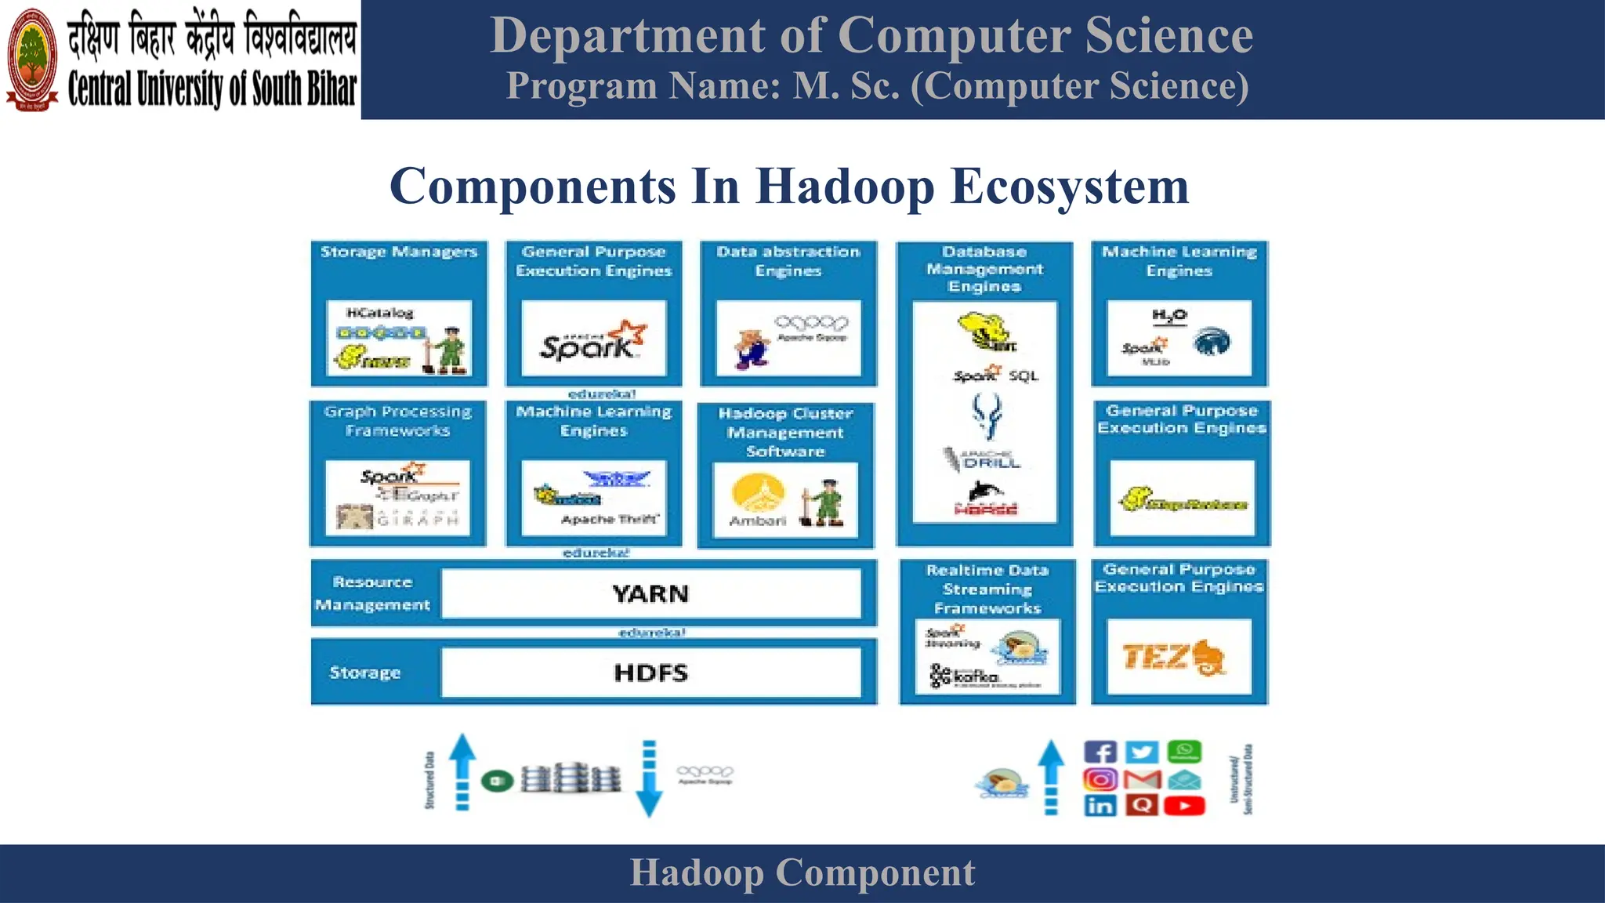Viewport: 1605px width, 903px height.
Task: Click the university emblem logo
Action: [x=32, y=60]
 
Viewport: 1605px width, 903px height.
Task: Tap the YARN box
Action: [x=650, y=594]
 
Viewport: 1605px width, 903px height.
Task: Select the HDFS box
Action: [x=650, y=673]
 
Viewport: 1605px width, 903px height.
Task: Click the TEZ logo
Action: [x=1173, y=657]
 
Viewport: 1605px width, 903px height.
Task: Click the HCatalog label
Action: [x=380, y=313]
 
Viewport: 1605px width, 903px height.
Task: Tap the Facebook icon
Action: [x=1100, y=752]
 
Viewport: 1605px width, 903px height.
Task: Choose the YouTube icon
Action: [x=1184, y=805]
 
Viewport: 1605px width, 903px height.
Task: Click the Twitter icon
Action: [x=1142, y=752]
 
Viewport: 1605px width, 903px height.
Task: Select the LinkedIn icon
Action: [x=1100, y=805]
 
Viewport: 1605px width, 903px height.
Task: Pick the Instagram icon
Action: [x=1100, y=779]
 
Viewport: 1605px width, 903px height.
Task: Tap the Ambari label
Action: [x=757, y=520]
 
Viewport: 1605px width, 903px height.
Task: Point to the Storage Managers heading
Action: [x=399, y=252]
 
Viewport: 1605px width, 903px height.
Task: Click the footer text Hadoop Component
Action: [x=802, y=873]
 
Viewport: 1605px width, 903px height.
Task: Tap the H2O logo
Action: [x=1169, y=316]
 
